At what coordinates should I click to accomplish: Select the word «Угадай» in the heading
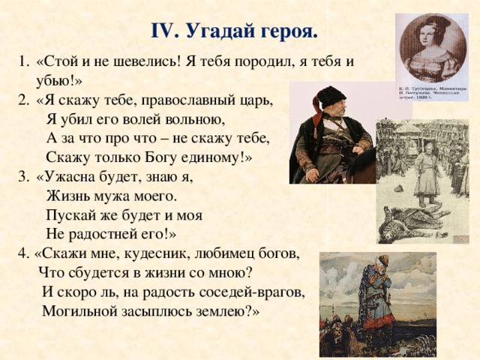click(x=217, y=32)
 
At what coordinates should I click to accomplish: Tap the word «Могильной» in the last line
click(x=80, y=311)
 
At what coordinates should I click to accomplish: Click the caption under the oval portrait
click(x=432, y=93)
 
